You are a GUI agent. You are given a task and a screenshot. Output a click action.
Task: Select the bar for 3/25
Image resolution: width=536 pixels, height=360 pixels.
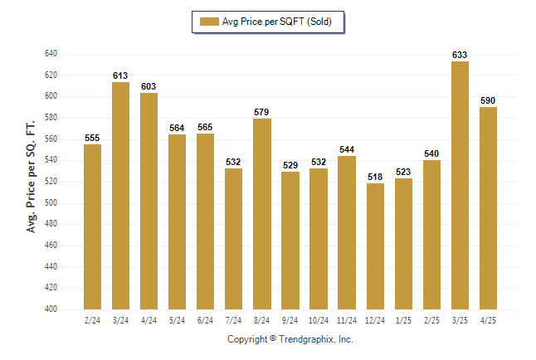click(460, 185)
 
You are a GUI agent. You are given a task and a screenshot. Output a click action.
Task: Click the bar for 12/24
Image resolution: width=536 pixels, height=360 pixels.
click(375, 246)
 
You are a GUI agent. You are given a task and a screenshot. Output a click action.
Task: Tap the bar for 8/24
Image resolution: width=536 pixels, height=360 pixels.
click(262, 214)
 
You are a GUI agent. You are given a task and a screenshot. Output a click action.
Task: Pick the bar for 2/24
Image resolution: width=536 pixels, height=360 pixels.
click(92, 226)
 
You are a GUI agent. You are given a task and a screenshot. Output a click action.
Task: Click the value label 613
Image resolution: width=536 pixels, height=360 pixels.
click(120, 75)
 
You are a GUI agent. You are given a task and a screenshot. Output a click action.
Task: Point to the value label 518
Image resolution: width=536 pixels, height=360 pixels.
click(375, 177)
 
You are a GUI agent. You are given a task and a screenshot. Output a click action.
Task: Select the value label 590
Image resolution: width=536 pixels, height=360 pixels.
click(488, 100)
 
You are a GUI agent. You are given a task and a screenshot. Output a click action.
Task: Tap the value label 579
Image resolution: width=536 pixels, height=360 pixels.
click(261, 112)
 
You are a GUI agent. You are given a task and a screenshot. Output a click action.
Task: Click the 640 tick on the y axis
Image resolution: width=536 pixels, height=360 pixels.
click(51, 54)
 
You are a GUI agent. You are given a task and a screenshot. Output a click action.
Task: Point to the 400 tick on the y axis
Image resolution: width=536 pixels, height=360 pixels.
click(51, 309)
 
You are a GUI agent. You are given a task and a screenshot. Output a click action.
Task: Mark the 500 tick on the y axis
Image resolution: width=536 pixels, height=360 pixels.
click(51, 202)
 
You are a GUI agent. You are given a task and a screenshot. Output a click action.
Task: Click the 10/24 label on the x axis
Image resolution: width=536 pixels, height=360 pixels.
click(319, 320)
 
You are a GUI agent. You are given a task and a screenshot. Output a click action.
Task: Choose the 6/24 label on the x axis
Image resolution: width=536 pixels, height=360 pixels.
click(205, 320)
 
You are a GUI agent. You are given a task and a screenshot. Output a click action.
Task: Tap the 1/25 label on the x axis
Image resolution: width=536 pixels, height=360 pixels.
click(403, 320)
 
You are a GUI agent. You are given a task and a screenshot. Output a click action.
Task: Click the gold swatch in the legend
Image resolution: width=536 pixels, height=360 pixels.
click(209, 22)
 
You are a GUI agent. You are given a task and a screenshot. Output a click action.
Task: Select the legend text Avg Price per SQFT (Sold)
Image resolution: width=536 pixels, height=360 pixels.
click(277, 22)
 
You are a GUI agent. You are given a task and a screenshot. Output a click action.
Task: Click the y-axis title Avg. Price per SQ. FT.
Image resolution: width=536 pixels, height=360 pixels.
click(31, 177)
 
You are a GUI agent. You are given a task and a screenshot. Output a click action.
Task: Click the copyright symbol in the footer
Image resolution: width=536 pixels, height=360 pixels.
click(273, 338)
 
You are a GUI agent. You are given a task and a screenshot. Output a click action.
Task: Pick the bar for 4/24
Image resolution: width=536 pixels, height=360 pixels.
click(149, 201)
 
